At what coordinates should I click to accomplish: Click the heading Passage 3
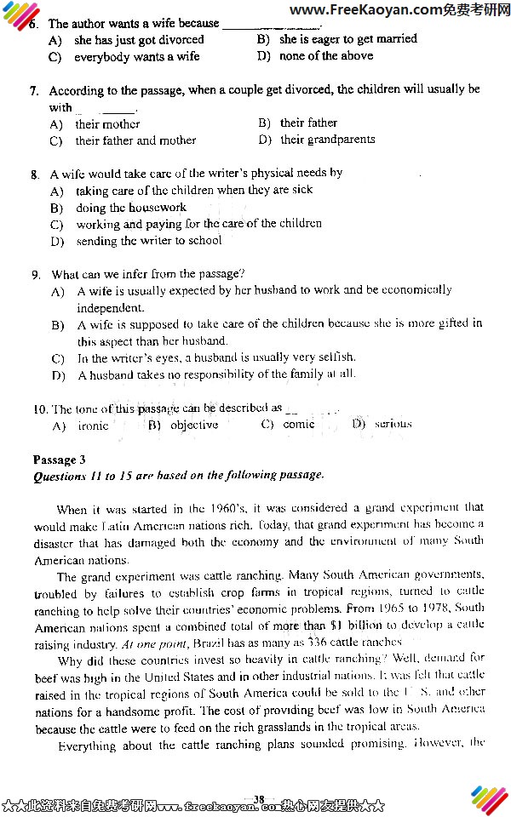(x=60, y=460)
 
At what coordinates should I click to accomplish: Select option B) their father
(x=297, y=123)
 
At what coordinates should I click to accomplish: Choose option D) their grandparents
(x=316, y=140)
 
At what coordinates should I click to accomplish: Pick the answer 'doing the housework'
(x=130, y=208)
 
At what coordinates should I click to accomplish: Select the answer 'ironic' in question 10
(x=93, y=426)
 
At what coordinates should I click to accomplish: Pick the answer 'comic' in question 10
(x=298, y=425)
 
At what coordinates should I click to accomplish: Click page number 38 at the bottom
(x=259, y=798)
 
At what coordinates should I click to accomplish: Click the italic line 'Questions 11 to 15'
(x=178, y=476)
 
